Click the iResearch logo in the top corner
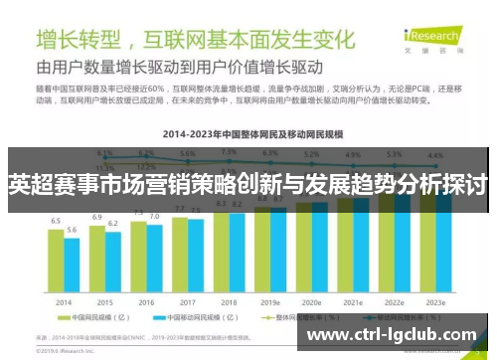[446, 31]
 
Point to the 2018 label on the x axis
[229, 301]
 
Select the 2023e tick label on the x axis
[434, 301]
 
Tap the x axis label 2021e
[352, 301]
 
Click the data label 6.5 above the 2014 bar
[56, 221]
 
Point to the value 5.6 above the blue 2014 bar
[72, 230]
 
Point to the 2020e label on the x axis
[311, 301]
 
